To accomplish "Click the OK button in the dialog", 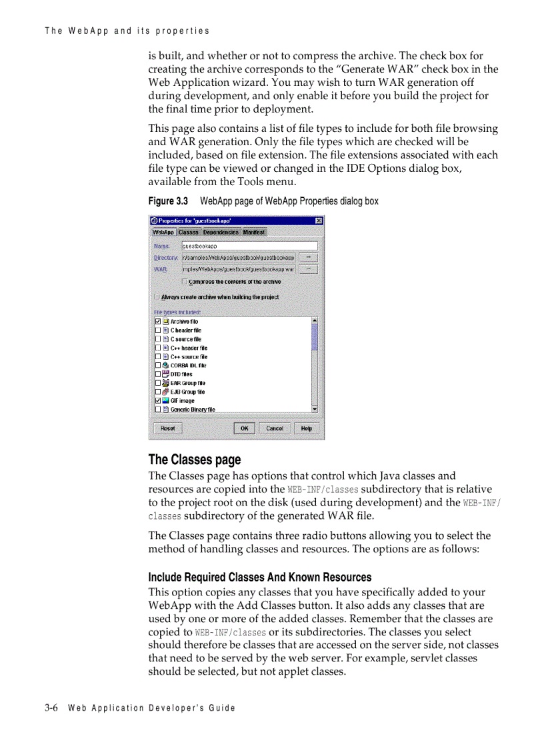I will coord(244,428).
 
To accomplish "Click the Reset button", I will coord(167,428).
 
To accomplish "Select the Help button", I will coord(306,428).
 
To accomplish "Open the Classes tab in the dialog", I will coord(188,232).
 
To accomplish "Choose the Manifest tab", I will coord(253,232).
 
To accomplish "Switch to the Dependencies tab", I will coord(221,232).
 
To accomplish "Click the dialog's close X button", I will coord(319,220).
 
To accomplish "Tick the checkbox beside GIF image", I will coord(158,401).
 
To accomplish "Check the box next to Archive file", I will coord(158,321).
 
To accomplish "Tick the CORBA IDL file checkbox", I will coord(158,366).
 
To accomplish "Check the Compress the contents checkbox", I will coord(185,282).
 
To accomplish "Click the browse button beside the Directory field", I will coord(307,257).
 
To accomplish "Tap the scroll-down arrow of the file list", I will coord(315,409).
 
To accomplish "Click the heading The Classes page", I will coord(195,460).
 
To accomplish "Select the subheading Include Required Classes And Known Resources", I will coord(259,577).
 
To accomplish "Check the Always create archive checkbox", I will coord(157,297).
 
